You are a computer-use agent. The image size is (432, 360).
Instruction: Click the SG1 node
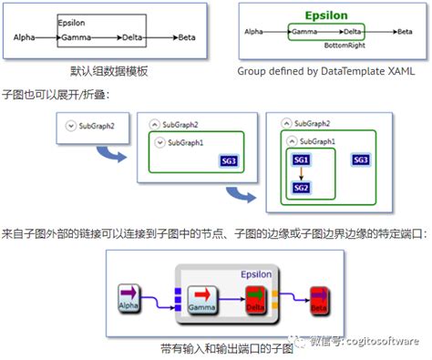[x=302, y=160]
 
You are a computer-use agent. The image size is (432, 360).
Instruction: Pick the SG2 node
[x=302, y=188]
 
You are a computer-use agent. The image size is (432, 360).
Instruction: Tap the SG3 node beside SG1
[x=361, y=160]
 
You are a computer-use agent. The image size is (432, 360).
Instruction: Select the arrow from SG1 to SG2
[x=302, y=174]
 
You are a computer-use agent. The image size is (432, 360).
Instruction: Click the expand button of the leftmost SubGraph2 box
[x=70, y=126]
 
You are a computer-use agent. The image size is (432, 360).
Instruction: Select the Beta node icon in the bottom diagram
[x=319, y=298]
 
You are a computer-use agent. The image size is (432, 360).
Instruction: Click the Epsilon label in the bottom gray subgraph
[x=259, y=273]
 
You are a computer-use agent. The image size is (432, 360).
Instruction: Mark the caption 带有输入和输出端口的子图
[x=216, y=347]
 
